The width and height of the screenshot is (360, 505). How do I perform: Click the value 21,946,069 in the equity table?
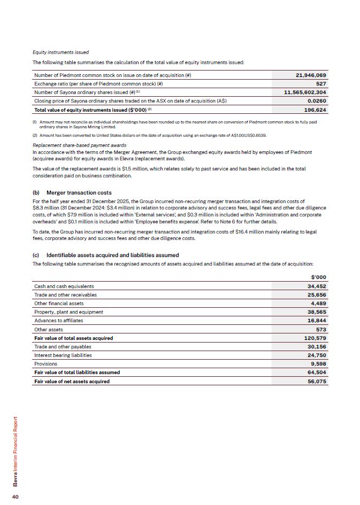tap(311, 75)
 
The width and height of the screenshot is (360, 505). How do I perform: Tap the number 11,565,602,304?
tap(305, 92)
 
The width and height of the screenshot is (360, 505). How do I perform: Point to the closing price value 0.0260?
tap(317, 100)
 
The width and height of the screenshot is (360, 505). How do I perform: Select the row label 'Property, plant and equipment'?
tap(68, 312)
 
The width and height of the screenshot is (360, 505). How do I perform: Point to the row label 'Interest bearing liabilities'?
tap(63, 355)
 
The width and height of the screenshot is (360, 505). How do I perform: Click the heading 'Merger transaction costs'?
tap(79, 192)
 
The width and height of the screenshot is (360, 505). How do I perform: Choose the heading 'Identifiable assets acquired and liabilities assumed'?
tap(112, 255)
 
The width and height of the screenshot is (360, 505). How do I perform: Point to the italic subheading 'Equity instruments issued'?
tap(60, 52)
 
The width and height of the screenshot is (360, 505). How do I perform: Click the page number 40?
tap(16, 496)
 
